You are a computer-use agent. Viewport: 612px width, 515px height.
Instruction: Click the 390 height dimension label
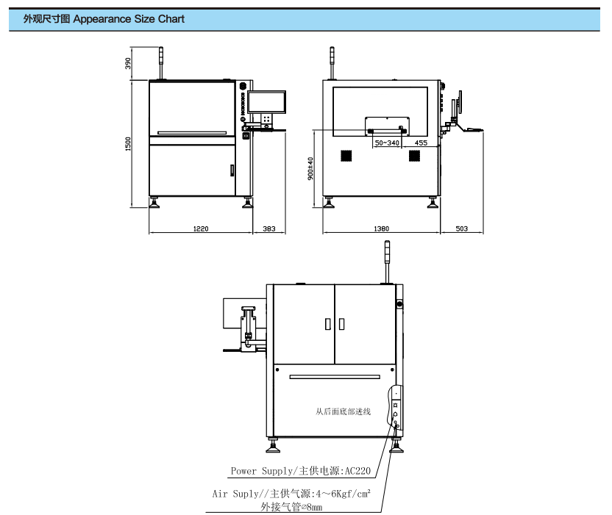[x=128, y=63]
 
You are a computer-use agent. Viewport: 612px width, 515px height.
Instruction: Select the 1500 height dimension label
[x=128, y=144]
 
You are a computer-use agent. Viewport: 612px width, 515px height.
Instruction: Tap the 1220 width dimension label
[x=201, y=228]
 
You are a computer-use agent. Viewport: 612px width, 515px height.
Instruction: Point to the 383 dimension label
[x=269, y=228]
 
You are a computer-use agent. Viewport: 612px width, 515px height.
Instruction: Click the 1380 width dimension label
[x=381, y=228]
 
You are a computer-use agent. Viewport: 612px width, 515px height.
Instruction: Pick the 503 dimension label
[x=462, y=228]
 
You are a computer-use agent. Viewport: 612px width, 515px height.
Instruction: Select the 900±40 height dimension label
[x=310, y=168]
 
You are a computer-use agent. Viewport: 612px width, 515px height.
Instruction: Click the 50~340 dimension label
[x=387, y=143]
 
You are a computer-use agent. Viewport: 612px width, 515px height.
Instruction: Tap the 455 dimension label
[x=421, y=143]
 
